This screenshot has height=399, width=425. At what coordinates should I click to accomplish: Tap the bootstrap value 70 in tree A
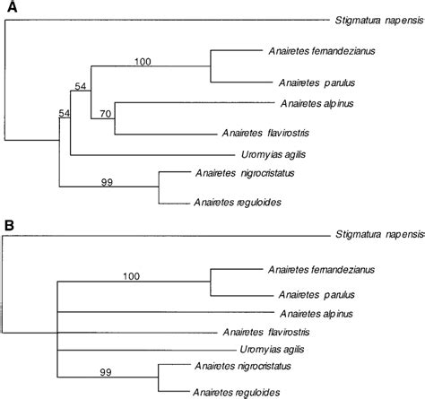tap(104, 114)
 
